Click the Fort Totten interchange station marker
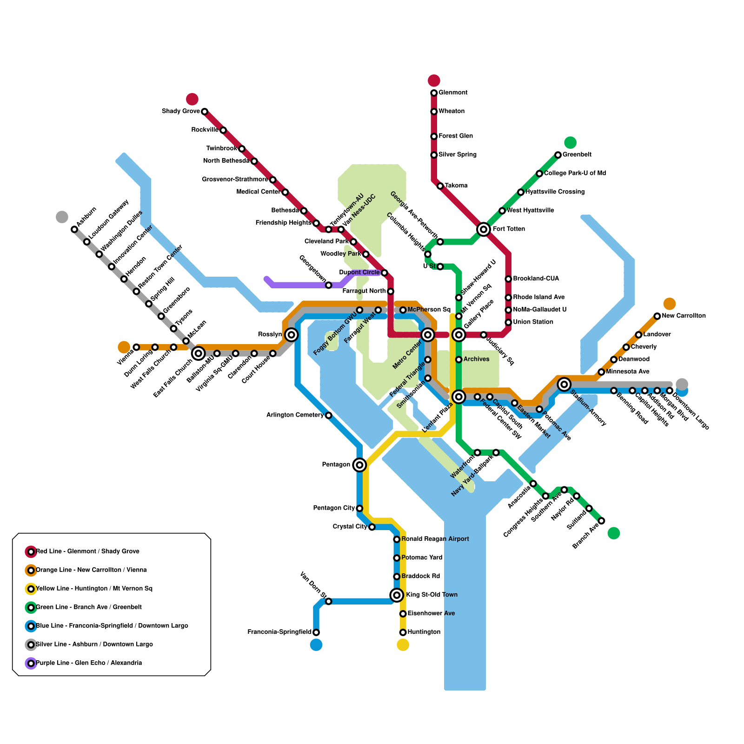[x=484, y=229]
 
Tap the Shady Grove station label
[x=180, y=111]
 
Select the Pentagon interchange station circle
[x=359, y=465]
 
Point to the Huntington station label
[x=424, y=632]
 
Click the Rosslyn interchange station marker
[x=292, y=334]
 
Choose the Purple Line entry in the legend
[x=88, y=663]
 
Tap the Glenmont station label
[x=453, y=93]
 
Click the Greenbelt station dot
[x=558, y=155]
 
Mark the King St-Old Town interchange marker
[x=397, y=595]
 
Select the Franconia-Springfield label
[x=279, y=632]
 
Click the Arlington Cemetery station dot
[x=328, y=415]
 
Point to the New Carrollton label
[x=684, y=316]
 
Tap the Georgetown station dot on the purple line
[x=328, y=285]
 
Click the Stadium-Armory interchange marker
[x=565, y=384]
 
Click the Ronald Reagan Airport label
[x=435, y=539]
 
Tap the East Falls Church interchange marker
[x=198, y=353]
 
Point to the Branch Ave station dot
[x=601, y=521]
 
